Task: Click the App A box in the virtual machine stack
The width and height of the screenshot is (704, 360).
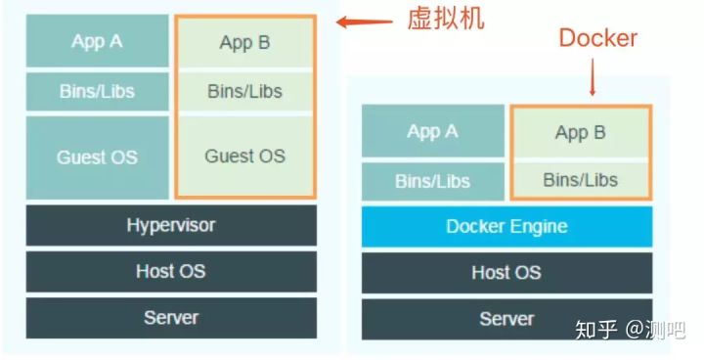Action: pyautogui.click(x=96, y=41)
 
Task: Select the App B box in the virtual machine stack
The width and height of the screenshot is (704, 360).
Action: pyautogui.click(x=244, y=42)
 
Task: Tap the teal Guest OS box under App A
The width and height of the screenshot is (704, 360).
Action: pyautogui.click(x=96, y=157)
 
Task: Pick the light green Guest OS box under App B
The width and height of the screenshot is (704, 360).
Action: pyautogui.click(x=244, y=156)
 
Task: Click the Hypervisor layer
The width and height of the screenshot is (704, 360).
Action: pyautogui.click(x=171, y=225)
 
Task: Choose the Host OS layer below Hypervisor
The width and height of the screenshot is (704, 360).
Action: pyautogui.click(x=171, y=272)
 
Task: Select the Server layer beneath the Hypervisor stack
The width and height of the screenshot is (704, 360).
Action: pyautogui.click(x=171, y=318)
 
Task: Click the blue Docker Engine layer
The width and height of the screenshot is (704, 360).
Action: pyautogui.click(x=506, y=226)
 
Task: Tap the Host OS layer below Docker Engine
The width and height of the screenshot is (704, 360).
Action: pyautogui.click(x=506, y=273)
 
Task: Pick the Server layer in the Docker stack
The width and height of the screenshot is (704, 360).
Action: pyautogui.click(x=506, y=319)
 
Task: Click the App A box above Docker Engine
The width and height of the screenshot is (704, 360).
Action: pyautogui.click(x=432, y=131)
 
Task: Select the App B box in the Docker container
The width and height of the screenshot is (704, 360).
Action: pyautogui.click(x=580, y=132)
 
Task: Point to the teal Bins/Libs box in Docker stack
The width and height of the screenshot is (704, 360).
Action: pyautogui.click(x=432, y=181)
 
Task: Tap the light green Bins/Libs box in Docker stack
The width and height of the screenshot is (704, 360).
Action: pyautogui.click(x=580, y=179)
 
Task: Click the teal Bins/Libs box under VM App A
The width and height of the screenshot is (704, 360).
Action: pyautogui.click(x=96, y=92)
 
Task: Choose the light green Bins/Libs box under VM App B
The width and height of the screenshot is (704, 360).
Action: pyautogui.click(x=244, y=91)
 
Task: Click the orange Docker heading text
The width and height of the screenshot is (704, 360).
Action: pyautogui.click(x=597, y=38)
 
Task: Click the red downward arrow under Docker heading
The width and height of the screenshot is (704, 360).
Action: pyautogui.click(x=594, y=77)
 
